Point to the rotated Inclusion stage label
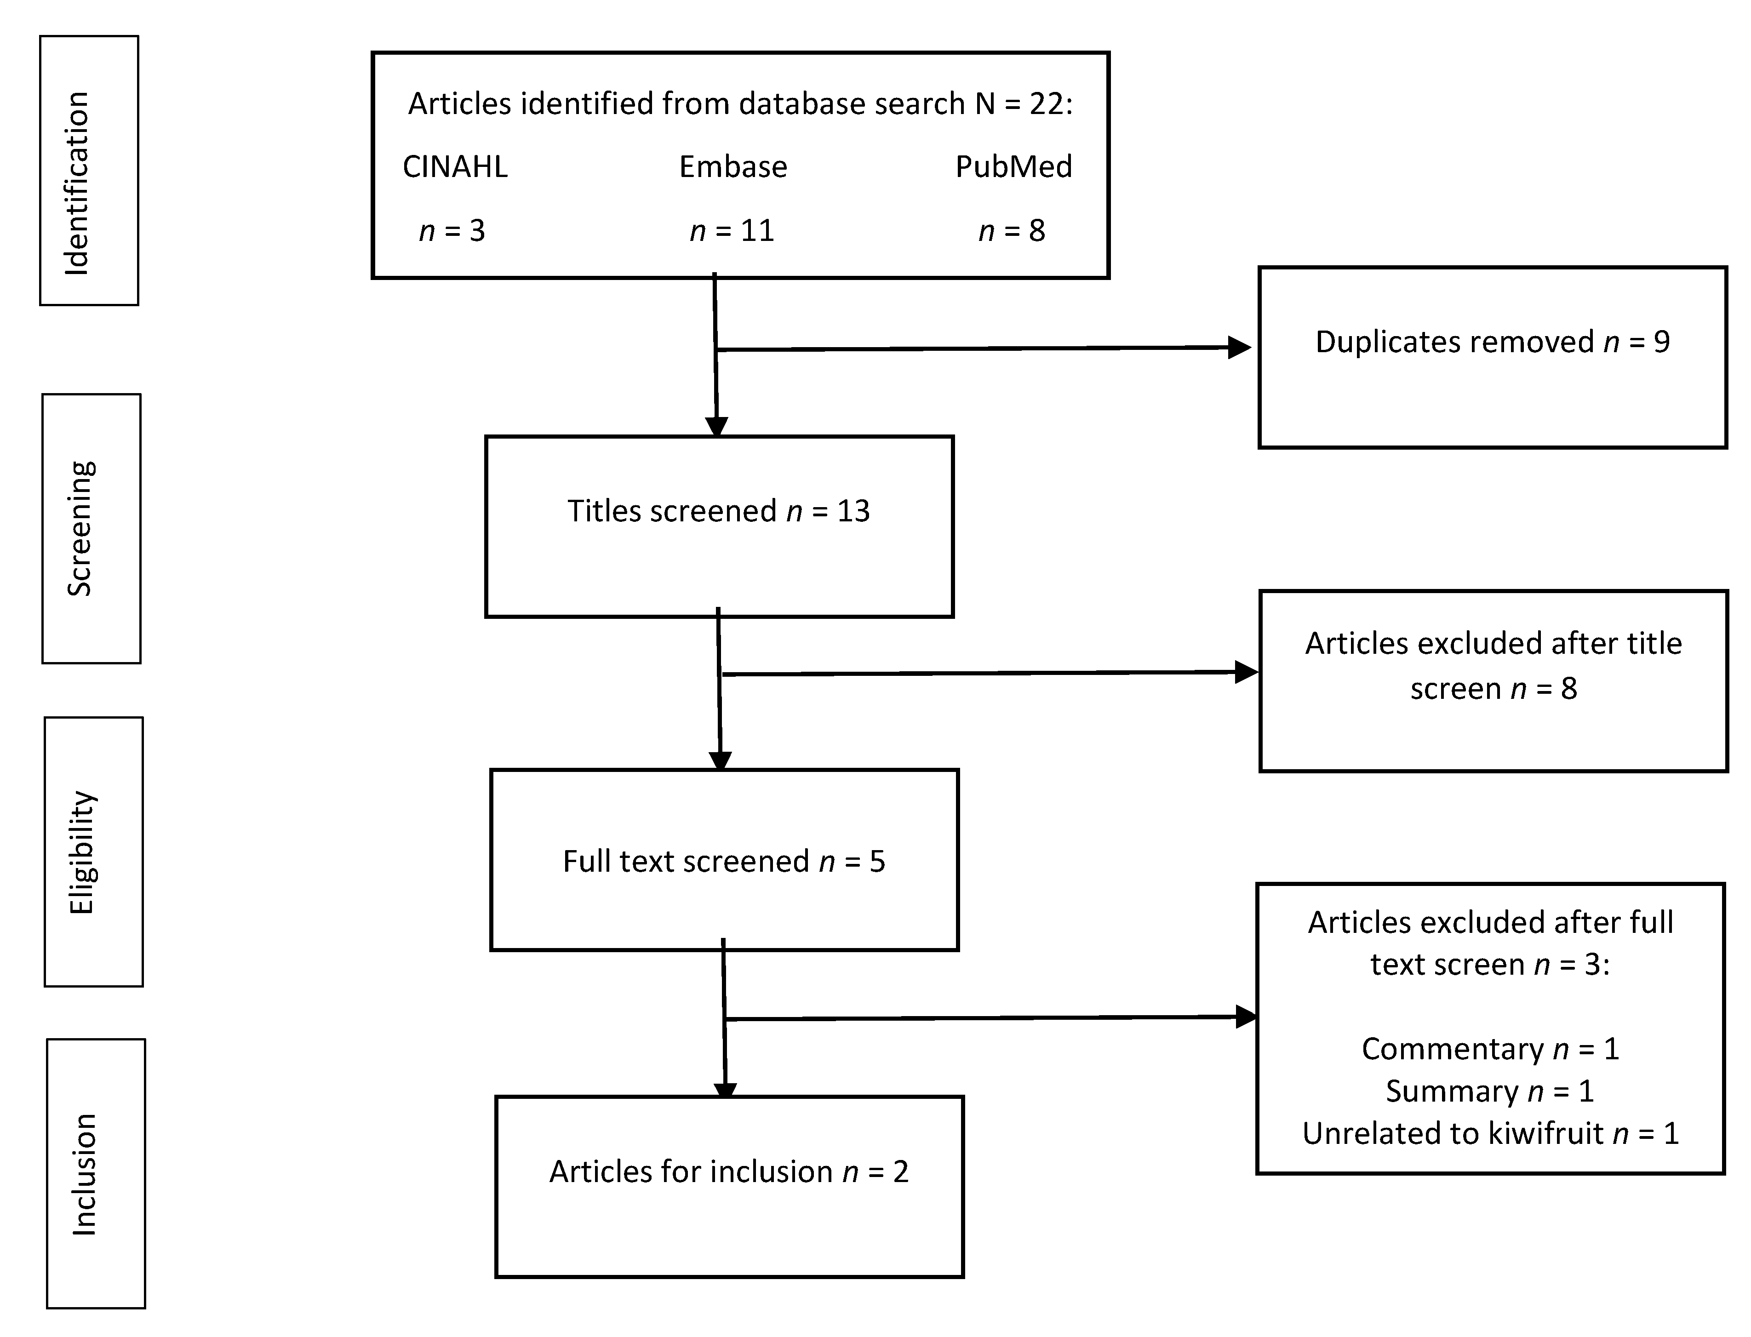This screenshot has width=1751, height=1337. click(x=84, y=1175)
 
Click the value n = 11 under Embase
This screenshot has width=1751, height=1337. click(x=732, y=231)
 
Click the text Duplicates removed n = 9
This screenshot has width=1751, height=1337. click(x=1492, y=342)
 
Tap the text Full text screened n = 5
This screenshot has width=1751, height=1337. click(x=723, y=861)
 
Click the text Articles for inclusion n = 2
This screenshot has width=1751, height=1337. click(x=728, y=1171)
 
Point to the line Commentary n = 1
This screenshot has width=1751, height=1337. click(x=1490, y=1049)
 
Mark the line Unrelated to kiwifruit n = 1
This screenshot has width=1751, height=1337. click(x=1490, y=1133)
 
